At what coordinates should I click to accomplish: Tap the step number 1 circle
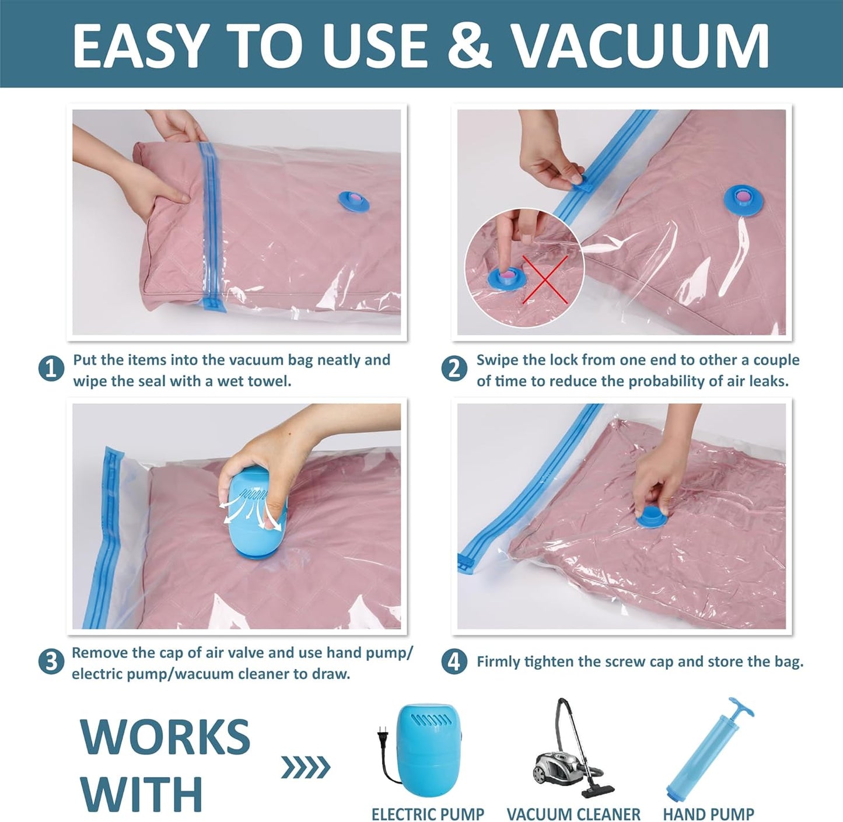tap(51, 369)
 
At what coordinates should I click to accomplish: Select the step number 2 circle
tap(454, 369)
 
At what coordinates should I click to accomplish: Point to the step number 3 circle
tap(51, 662)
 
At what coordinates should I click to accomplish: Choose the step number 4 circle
tap(454, 662)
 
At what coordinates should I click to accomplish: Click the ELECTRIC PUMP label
tap(428, 813)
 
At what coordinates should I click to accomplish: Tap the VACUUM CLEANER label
tap(573, 813)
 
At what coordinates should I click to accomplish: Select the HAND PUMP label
tap(708, 813)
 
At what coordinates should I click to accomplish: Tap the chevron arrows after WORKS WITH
tap(306, 767)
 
